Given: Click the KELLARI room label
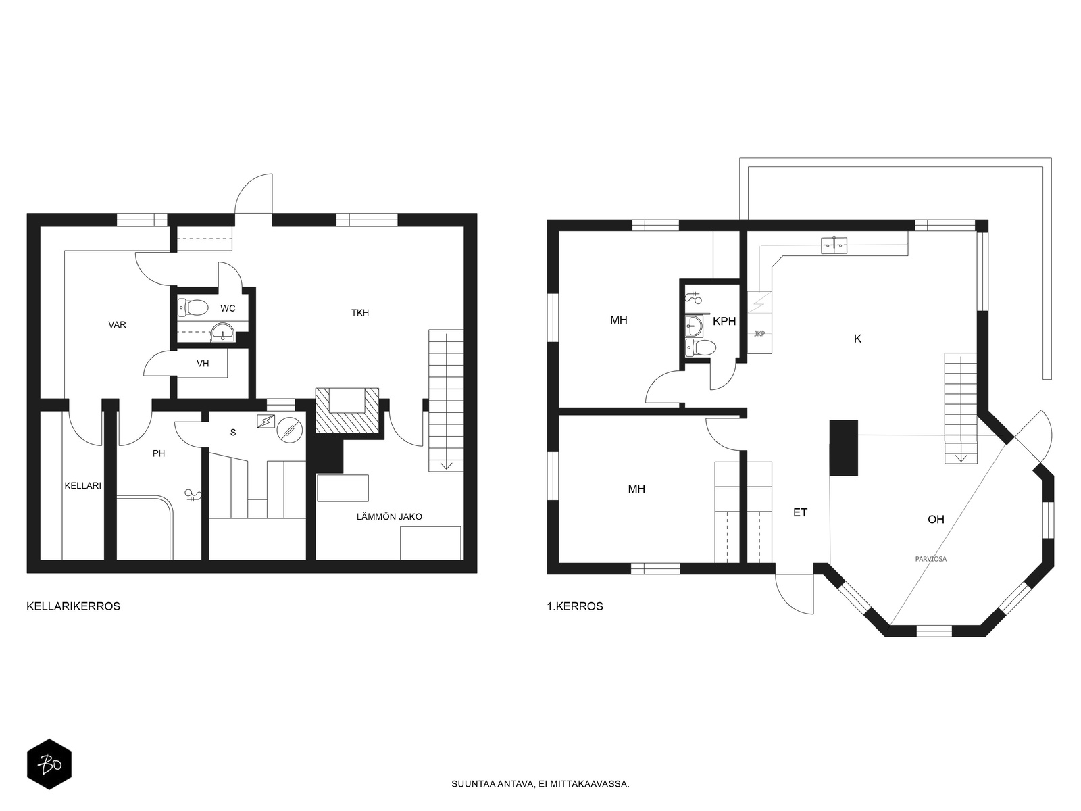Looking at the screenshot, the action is click(x=82, y=485).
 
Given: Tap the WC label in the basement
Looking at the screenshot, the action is click(x=228, y=308).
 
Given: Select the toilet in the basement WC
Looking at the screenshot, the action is click(x=193, y=308).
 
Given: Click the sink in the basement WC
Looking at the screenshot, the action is click(x=222, y=332).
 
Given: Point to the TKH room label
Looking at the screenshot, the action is click(x=360, y=312).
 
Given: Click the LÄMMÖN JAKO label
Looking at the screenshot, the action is click(x=390, y=516).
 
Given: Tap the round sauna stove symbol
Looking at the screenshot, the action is click(x=290, y=430).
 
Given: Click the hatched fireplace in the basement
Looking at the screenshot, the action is click(x=347, y=411).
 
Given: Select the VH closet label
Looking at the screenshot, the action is click(x=203, y=364).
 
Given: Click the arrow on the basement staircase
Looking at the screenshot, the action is click(x=446, y=464).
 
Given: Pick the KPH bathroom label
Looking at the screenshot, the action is click(x=724, y=321).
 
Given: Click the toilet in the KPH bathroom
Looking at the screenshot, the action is click(x=701, y=347).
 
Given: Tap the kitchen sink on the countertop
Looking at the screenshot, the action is click(x=834, y=245).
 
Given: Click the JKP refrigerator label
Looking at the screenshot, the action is click(x=759, y=334).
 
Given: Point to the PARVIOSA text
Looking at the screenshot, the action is click(x=931, y=559).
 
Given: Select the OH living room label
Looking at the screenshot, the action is click(x=936, y=519).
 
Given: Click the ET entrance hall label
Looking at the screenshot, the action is click(x=801, y=512).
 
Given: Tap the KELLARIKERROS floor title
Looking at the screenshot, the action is click(x=74, y=606).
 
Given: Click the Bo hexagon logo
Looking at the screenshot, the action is click(x=49, y=764).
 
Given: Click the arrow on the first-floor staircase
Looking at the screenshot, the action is click(x=961, y=458).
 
